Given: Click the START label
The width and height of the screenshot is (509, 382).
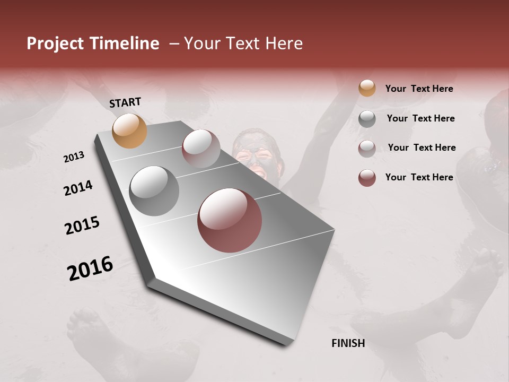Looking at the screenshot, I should [125, 102].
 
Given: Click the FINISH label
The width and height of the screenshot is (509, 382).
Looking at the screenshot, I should [348, 343].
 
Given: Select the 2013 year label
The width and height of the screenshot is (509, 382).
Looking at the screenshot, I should [74, 157].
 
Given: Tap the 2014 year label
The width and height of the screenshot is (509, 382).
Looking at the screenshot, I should [78, 188].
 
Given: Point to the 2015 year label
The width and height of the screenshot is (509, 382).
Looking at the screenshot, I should [82, 225].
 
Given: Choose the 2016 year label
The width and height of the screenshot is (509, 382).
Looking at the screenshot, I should [90, 268].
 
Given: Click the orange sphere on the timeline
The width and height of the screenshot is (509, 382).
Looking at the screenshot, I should [129, 131].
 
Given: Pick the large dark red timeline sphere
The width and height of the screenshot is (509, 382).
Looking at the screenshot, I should [230, 221].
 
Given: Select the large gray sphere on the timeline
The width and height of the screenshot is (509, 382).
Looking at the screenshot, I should [154, 190].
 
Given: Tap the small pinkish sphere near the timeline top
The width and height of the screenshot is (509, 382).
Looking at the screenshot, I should [201, 149].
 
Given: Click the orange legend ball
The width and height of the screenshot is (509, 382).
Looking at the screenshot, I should [367, 89].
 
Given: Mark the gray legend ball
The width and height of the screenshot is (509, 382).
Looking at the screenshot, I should [367, 119].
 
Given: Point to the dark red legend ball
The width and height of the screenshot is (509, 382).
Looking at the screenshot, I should [367, 178].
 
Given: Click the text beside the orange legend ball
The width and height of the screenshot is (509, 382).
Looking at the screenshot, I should [419, 89].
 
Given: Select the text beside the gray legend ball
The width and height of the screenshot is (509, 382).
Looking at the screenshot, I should [420, 118].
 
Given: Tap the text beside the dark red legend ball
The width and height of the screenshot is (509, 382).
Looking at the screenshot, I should [419, 177].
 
